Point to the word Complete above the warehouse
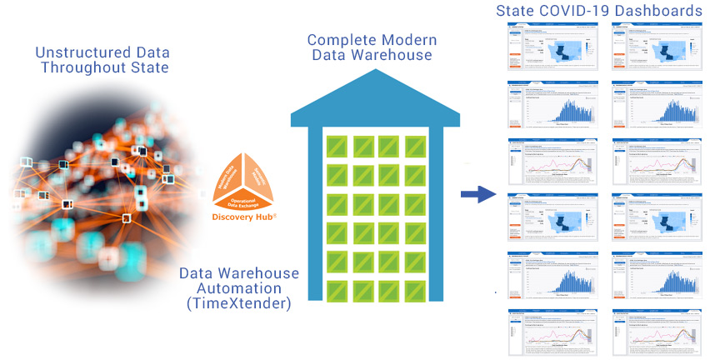click(x=339, y=39)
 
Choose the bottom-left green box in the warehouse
click(x=337, y=291)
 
